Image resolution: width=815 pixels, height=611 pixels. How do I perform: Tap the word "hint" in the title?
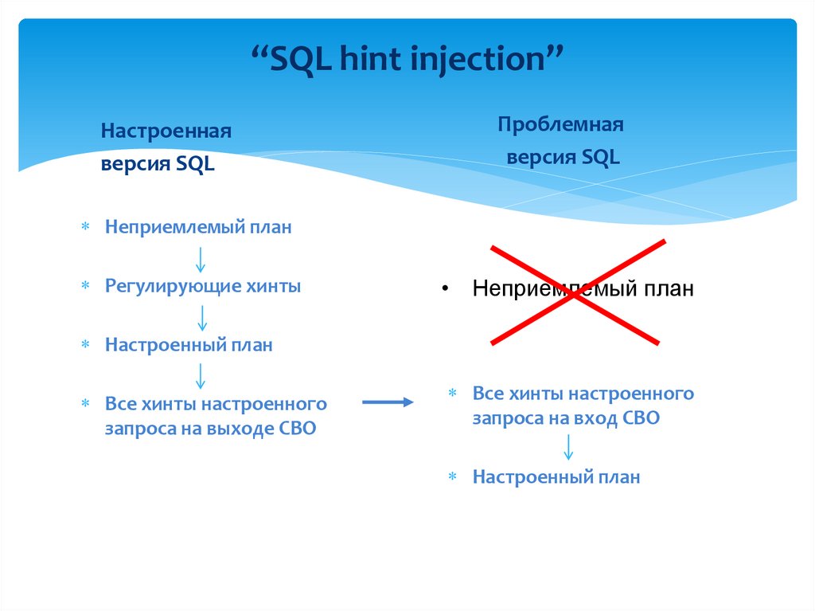[x=371, y=61]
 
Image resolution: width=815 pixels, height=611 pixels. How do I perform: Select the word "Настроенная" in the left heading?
[x=166, y=131]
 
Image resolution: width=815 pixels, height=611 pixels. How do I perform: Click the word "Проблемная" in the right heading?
[x=560, y=124]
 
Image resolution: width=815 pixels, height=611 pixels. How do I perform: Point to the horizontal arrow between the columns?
[x=388, y=402]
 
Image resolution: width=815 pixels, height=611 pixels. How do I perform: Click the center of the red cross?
[x=575, y=292]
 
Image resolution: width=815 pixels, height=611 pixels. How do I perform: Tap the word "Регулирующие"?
[x=166, y=286]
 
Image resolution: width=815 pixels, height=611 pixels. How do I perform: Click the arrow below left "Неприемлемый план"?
[x=201, y=258]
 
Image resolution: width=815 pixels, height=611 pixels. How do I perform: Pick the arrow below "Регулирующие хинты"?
[x=201, y=317]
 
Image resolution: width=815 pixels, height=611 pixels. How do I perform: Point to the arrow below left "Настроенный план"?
[x=201, y=375]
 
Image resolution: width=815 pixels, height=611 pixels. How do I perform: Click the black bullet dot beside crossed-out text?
[x=446, y=288]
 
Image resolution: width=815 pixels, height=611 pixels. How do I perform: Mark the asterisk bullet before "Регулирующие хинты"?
[x=85, y=287]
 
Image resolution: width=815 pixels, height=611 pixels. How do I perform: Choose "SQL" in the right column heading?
[x=600, y=157]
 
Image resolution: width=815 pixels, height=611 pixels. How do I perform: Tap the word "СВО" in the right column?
[x=641, y=417]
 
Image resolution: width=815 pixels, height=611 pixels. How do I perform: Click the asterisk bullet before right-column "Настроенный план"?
[x=452, y=478]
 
